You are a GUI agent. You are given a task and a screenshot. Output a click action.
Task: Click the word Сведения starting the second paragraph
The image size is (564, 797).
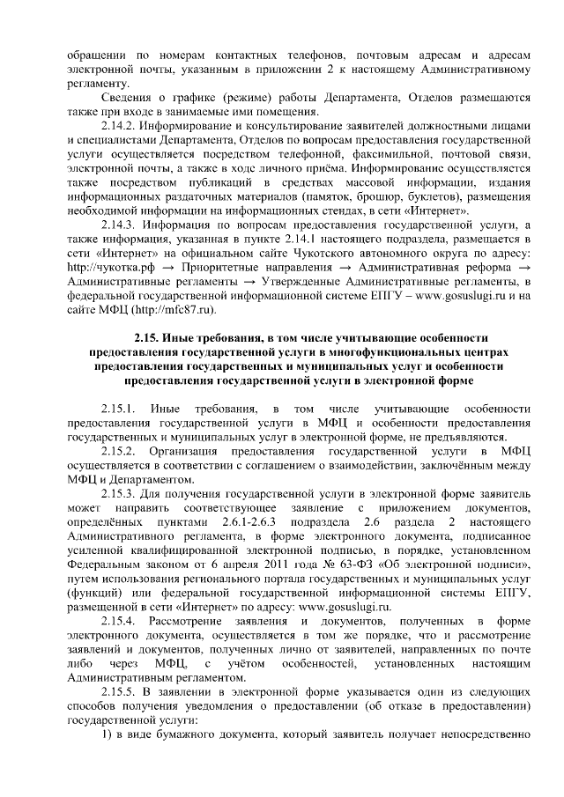[x=124, y=96]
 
